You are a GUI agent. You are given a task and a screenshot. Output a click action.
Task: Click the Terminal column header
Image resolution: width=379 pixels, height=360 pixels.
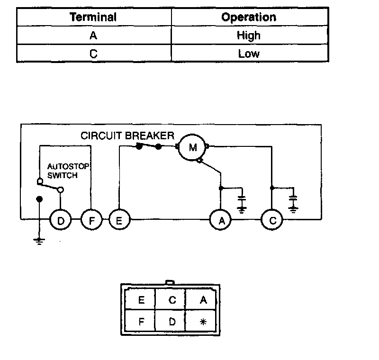point(93,17)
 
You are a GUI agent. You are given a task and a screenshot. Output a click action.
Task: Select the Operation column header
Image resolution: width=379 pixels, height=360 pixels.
point(249,17)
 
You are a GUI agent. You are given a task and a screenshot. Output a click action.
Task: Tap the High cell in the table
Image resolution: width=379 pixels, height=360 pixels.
point(249,36)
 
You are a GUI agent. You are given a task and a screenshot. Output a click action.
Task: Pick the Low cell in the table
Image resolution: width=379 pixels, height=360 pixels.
point(249,54)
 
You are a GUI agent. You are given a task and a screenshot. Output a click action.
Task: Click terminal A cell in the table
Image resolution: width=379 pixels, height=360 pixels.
point(93,36)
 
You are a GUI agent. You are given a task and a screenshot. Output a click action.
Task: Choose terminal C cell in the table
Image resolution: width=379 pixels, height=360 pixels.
point(93,54)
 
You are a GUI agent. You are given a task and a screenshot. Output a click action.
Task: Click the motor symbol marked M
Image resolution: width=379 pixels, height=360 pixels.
point(192,147)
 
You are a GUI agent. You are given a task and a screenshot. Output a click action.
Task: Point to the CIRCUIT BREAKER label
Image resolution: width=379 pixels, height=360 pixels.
point(127,135)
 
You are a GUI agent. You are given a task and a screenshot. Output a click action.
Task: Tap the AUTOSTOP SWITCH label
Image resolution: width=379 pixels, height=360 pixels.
point(68,171)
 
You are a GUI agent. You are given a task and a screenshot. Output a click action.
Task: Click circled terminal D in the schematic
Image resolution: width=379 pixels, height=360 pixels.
point(61,220)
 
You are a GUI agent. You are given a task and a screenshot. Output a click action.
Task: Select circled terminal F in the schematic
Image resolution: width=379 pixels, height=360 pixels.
point(91,220)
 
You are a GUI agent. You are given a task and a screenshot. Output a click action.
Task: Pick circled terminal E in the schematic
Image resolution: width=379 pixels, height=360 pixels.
point(119,220)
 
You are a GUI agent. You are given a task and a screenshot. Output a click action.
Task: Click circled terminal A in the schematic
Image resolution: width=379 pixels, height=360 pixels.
point(220,220)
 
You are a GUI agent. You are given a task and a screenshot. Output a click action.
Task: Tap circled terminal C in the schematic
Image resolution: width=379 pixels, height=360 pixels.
point(272,220)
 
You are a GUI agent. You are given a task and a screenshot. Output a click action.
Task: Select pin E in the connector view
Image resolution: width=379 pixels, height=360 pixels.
point(140,299)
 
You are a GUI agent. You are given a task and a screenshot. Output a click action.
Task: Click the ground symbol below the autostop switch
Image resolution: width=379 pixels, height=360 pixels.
point(39,241)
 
